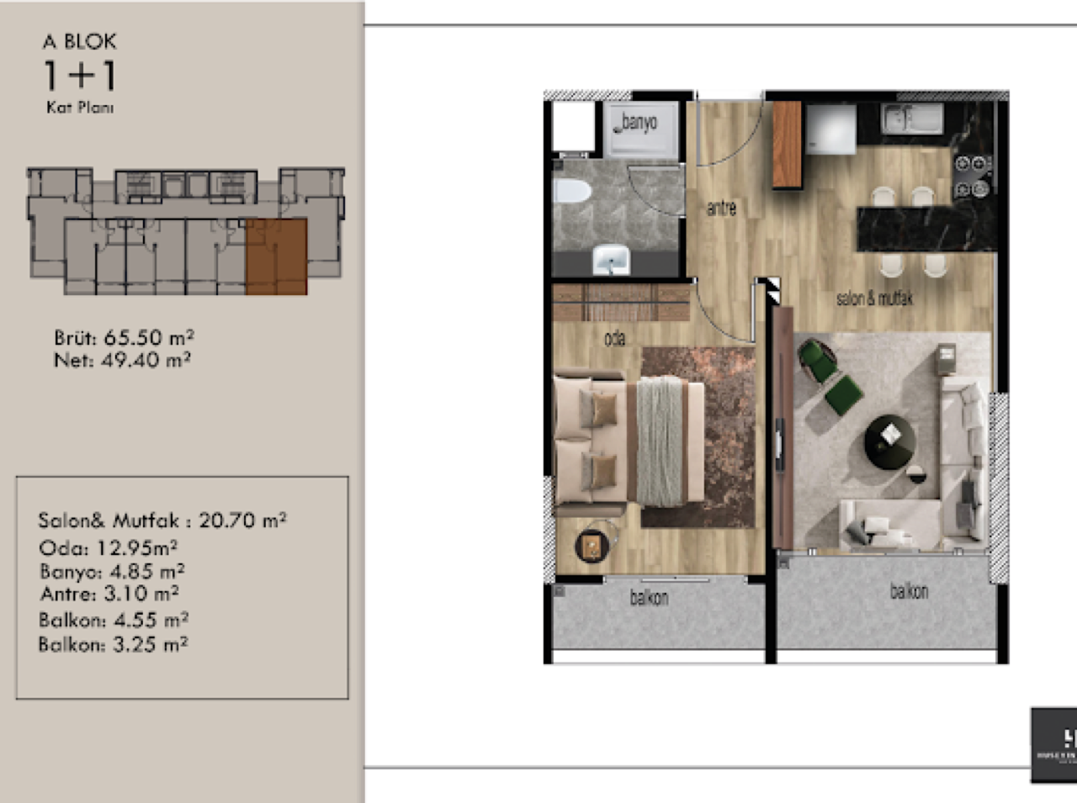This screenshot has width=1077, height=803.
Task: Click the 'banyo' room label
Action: click(639, 124)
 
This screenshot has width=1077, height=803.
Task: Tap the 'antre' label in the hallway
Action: click(721, 208)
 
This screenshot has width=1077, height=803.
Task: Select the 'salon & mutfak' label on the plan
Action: click(874, 298)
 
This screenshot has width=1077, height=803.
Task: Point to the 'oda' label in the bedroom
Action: click(615, 339)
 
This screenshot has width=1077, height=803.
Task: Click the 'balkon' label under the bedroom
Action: click(649, 598)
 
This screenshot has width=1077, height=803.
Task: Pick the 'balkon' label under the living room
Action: click(909, 591)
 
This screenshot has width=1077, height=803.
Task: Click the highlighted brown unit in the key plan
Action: click(276, 256)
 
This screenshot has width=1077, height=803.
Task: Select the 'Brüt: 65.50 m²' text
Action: click(125, 338)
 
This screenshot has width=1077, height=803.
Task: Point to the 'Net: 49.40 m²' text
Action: click(123, 361)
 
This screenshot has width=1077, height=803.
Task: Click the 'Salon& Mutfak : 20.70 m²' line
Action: click(162, 520)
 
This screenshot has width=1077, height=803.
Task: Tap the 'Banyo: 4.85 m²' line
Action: click(112, 572)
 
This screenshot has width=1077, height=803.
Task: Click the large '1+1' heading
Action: click(80, 77)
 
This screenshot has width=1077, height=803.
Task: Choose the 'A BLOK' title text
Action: click(80, 41)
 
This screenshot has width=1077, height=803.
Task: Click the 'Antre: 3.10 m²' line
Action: click(109, 594)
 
